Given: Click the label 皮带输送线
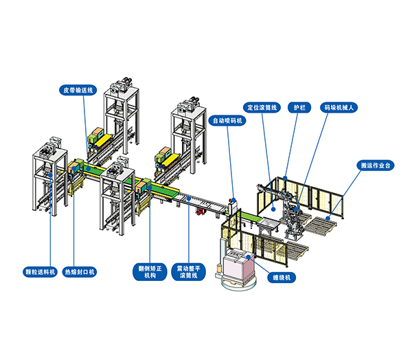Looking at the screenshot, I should (81, 89).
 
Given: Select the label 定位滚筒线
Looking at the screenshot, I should (263, 107).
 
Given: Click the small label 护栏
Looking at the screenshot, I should (300, 107).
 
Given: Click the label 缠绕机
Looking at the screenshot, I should (282, 278).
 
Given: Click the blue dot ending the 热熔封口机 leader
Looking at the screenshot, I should (76, 170).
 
